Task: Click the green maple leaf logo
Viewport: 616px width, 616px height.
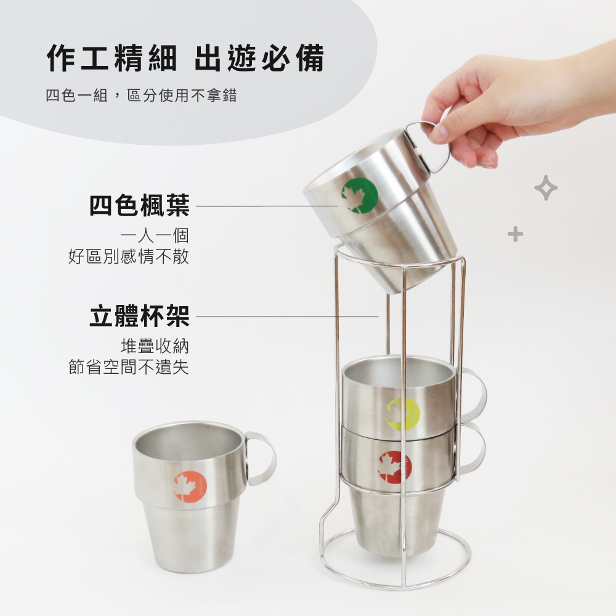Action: tap(360, 196)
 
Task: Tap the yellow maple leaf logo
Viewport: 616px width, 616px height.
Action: tap(403, 414)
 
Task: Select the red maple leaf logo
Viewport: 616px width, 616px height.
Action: tap(395, 467)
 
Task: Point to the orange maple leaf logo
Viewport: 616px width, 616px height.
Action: tap(190, 487)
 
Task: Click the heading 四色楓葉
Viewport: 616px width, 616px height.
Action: tap(139, 205)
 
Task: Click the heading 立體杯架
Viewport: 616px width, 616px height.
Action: tap(139, 316)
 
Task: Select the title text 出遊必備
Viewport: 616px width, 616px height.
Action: tap(260, 58)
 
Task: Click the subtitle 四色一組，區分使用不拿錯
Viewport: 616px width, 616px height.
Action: tap(142, 95)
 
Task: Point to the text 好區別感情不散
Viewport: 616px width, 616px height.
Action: tap(129, 256)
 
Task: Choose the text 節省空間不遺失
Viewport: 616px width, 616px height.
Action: tap(129, 367)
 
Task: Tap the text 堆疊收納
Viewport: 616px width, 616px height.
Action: tap(155, 346)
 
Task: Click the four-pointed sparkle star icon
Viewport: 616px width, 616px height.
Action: tap(546, 188)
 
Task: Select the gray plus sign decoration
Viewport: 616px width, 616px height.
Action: tap(516, 235)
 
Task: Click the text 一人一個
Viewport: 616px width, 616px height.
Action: tap(155, 236)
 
